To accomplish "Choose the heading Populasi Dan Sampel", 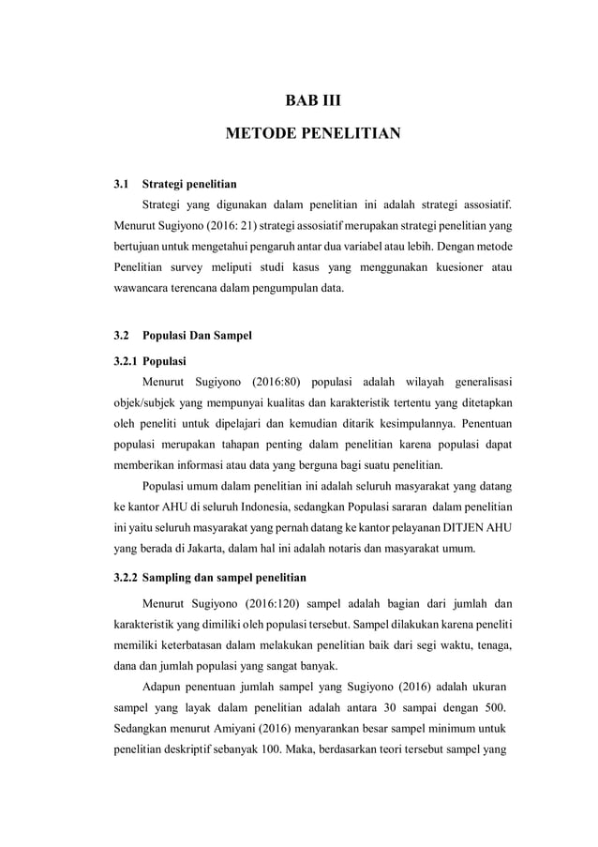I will coord(196,335).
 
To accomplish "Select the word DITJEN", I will coord(449,529).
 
